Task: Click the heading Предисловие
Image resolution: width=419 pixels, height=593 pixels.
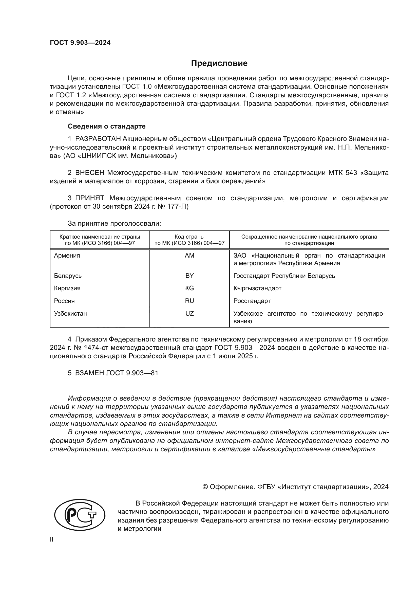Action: coord(219,63)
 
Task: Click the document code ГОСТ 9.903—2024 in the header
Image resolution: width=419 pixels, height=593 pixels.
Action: coord(80,43)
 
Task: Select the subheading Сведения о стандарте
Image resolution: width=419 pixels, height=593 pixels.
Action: coord(107,126)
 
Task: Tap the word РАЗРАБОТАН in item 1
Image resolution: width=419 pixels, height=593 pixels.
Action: coord(98,139)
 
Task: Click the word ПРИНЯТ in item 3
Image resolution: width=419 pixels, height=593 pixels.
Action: coord(89,198)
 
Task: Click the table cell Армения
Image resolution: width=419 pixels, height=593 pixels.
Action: coord(67,256)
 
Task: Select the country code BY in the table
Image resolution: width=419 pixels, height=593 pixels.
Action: coord(189,276)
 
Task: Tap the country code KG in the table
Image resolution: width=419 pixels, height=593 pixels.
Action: coord(189,288)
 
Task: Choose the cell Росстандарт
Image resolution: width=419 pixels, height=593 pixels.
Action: coord(252,301)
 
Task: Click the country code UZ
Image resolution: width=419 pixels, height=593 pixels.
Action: coord(189,314)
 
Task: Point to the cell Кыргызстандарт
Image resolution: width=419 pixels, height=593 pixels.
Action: coord(257,288)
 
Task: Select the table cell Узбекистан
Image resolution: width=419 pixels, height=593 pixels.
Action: coord(70,314)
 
